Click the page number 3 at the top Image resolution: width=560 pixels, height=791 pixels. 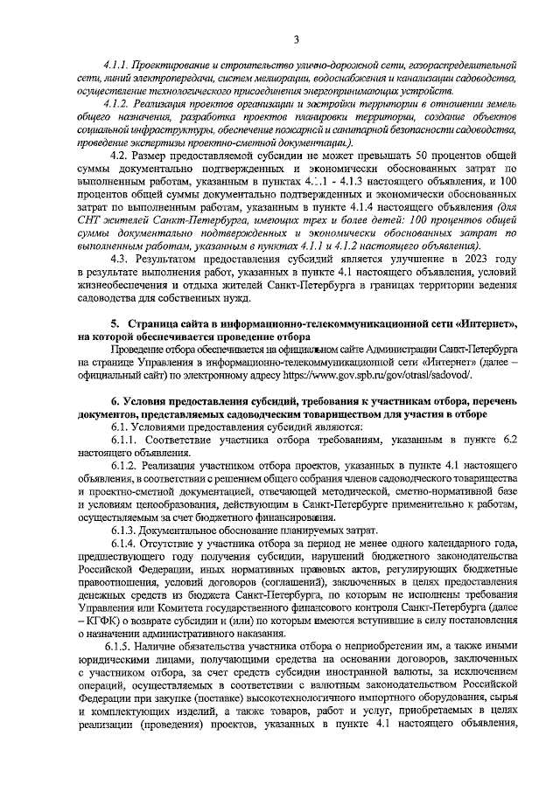click(296, 38)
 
